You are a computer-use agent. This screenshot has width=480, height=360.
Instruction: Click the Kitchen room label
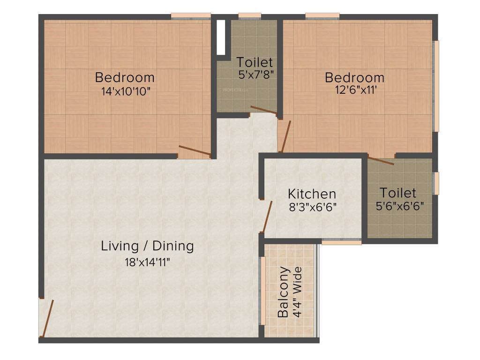point(312,194)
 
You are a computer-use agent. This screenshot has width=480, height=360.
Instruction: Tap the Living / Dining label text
point(147,246)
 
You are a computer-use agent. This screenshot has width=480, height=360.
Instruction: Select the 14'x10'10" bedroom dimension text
point(125,91)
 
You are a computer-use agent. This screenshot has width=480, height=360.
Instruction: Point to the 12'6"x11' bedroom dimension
point(354,90)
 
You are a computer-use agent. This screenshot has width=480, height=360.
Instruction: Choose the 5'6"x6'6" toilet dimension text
point(398,206)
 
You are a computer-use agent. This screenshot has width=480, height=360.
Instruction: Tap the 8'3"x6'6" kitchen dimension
point(312,207)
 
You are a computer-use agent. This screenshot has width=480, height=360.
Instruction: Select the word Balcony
point(283,292)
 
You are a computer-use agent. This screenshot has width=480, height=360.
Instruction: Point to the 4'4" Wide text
point(297,292)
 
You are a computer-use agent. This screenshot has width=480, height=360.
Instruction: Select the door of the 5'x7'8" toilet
point(264,111)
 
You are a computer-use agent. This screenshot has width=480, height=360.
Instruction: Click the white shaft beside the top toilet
point(222,37)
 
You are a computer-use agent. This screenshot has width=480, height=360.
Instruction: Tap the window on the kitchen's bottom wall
point(341,242)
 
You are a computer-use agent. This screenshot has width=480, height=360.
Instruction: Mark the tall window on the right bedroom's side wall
point(436,86)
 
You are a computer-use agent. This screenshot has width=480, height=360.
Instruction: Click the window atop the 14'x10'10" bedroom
point(190,16)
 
